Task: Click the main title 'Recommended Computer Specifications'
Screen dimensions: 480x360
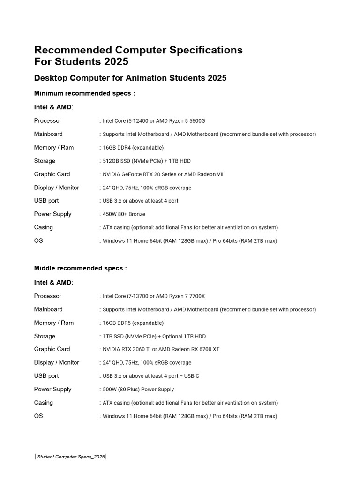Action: (x=138, y=50)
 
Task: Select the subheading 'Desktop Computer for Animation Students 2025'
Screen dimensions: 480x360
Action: (x=130, y=78)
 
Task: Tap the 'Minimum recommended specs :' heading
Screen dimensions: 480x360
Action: (x=84, y=93)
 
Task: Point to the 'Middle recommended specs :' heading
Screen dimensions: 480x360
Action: (x=81, y=269)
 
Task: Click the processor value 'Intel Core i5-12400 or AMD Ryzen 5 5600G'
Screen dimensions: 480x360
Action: (x=154, y=121)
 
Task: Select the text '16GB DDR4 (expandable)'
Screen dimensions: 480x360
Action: (x=133, y=148)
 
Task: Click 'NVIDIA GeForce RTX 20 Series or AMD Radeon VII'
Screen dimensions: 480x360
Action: (x=163, y=174)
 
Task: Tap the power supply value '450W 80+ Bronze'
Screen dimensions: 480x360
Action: (x=124, y=214)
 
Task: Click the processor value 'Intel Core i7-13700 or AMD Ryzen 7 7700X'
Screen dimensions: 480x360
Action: (x=154, y=296)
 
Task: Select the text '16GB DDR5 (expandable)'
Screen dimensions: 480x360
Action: (x=133, y=323)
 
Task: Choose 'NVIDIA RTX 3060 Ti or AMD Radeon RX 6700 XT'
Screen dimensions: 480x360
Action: (x=161, y=349)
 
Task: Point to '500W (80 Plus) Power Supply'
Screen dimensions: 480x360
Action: (x=138, y=390)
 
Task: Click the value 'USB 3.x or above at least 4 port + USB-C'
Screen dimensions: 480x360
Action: (x=151, y=376)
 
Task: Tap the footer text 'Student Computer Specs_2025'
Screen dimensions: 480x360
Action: (x=71, y=457)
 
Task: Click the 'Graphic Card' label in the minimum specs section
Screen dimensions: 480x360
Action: (x=52, y=174)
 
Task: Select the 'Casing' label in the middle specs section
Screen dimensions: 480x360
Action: (x=44, y=403)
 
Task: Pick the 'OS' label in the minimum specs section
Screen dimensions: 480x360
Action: (x=38, y=241)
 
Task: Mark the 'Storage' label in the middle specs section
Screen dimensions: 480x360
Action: (x=45, y=336)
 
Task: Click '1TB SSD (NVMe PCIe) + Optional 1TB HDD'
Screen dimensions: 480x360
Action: (x=154, y=337)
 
